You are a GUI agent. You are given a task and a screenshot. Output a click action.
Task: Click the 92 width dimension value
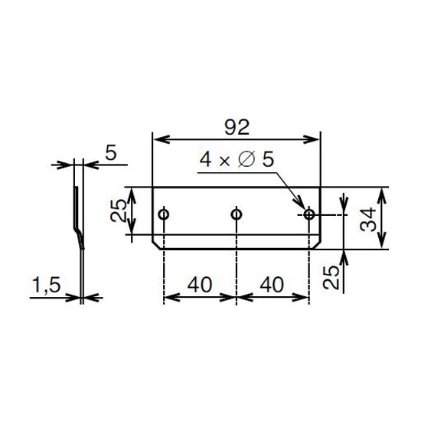pos(237,127)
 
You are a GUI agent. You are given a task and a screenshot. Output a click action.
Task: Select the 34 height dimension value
pos(368,220)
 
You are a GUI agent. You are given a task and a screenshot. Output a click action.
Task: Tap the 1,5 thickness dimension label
pos(46,285)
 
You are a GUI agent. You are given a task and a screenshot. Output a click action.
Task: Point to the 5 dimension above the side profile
pos(111,153)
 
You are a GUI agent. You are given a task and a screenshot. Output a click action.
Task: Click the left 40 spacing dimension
pos(200,285)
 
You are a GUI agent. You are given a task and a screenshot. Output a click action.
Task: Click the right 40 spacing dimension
pos(272,285)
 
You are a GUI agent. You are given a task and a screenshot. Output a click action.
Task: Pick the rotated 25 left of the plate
pos(119,210)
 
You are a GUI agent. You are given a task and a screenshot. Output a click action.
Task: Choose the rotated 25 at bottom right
pos(331,277)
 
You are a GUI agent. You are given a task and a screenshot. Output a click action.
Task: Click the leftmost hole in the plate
pos(164,214)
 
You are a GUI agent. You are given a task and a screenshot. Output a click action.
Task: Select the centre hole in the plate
pos(237,214)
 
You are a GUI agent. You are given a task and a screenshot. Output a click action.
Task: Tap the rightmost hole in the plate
pos(309,214)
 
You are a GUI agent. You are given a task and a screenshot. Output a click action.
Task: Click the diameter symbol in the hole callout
pos(246,159)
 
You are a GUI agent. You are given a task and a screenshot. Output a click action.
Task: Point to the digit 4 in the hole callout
pos(205,159)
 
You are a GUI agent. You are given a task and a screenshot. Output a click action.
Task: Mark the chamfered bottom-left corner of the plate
pos(156,245)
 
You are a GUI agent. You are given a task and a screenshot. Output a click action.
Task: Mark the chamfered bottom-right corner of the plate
pos(317,245)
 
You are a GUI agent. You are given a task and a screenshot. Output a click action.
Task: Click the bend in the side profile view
pos(78,233)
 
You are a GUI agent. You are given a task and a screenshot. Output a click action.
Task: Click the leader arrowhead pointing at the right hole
pos(299,204)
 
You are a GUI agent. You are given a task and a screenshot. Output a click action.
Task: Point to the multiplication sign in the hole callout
pos(224,162)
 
